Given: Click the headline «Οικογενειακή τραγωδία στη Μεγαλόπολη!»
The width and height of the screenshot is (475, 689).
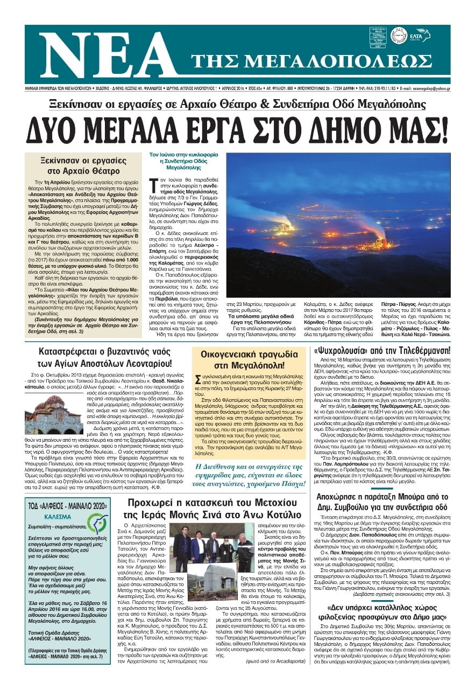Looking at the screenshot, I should click(249, 360).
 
